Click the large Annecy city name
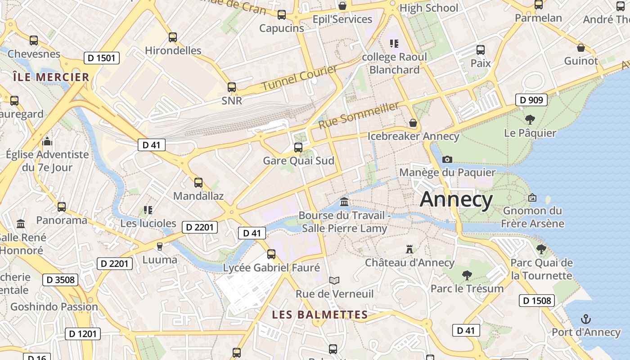click(x=456, y=200)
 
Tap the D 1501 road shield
click(x=101, y=58)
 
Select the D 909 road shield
click(x=531, y=100)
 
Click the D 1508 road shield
click(x=536, y=301)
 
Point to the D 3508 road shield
click(x=60, y=280)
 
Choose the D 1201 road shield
click(x=83, y=334)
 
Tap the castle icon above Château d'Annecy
click(x=409, y=249)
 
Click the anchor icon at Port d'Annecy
click(x=585, y=319)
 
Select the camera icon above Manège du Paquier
click(x=447, y=159)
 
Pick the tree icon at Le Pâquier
click(x=530, y=120)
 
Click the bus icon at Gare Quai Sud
click(x=298, y=147)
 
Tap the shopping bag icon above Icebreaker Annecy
click(x=413, y=123)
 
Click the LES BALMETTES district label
click(x=319, y=315)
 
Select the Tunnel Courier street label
click(x=299, y=77)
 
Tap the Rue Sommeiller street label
click(x=359, y=115)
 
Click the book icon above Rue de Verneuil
click(x=334, y=280)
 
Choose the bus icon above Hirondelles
click(x=173, y=37)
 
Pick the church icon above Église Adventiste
click(x=47, y=142)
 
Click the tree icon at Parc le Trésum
click(x=467, y=275)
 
